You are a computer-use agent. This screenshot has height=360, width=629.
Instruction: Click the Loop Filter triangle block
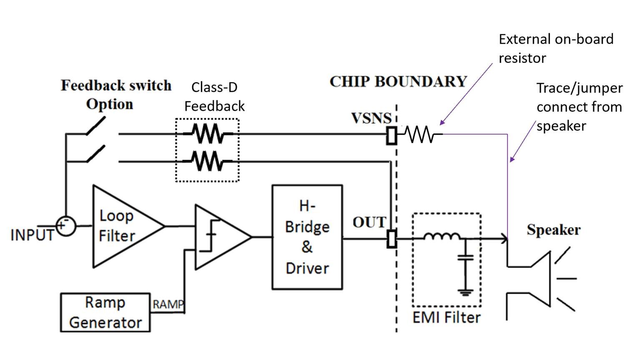[x=121, y=226]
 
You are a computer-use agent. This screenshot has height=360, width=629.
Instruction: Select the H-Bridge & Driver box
[x=307, y=237]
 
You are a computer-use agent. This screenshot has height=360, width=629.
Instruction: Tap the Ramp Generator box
[x=105, y=312]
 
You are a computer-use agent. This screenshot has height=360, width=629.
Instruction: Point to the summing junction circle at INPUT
[x=65, y=226]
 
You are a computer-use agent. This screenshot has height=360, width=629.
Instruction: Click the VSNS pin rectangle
[x=391, y=135]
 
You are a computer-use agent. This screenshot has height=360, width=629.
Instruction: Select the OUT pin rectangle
[x=391, y=239]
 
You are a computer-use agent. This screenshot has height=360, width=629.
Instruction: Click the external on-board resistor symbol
[x=420, y=135]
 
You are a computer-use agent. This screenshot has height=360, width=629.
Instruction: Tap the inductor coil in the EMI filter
[x=442, y=237]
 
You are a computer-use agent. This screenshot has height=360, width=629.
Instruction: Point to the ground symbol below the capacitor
[x=466, y=292]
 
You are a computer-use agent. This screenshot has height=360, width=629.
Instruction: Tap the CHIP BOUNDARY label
[x=398, y=81]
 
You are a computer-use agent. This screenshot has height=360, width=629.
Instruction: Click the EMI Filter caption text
[x=446, y=317]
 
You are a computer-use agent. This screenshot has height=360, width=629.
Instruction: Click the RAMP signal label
[x=168, y=305]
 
